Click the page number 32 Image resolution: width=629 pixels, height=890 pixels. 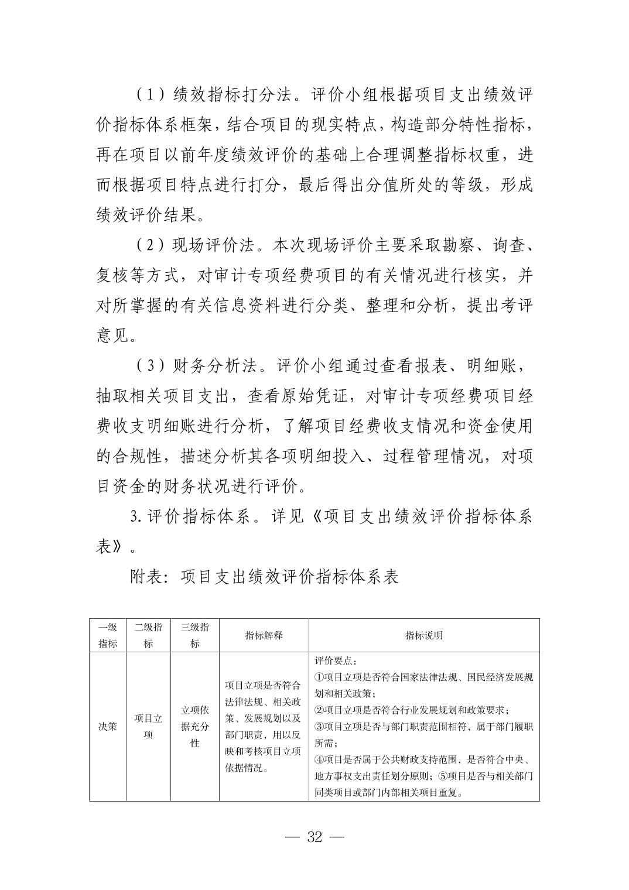[314, 837]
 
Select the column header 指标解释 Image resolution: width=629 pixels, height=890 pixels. [264, 635]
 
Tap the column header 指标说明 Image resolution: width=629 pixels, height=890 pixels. [424, 635]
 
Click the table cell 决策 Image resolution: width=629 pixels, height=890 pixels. [108, 727]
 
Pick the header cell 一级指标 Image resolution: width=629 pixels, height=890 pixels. [108, 635]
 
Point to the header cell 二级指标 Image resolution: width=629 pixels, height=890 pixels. [148, 635]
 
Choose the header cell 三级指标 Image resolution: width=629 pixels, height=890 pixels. [195, 635]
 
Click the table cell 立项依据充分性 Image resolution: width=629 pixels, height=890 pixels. [195, 727]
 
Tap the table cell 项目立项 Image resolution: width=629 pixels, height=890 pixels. [148, 727]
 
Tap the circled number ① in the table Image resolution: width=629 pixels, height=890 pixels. [319, 677]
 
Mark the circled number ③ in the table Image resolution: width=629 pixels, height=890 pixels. [319, 727]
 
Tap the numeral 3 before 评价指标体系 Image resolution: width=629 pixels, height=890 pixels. [135, 517]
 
